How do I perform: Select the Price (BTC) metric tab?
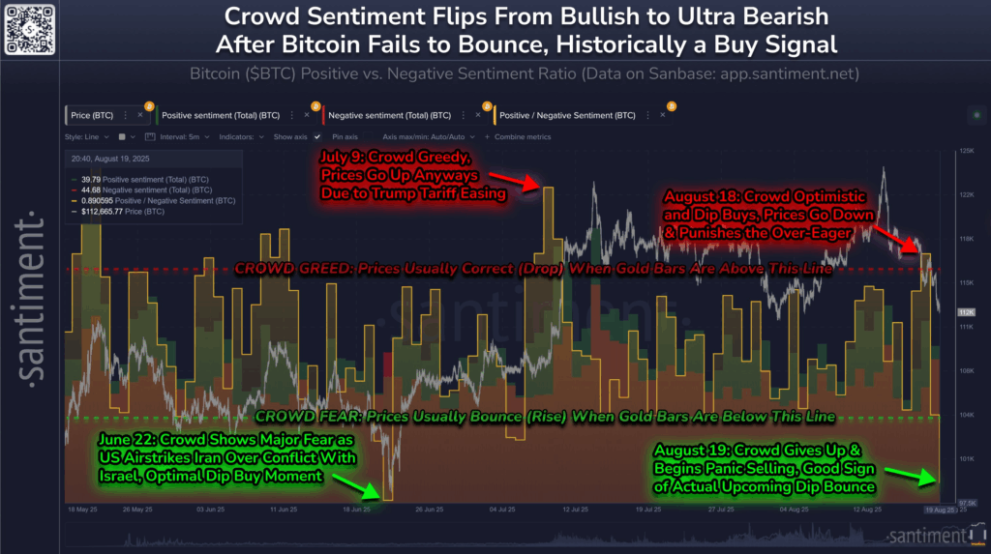[93, 115]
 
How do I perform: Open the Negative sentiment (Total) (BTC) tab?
[386, 115]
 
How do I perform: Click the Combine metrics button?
[522, 137]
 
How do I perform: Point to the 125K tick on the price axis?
[964, 152]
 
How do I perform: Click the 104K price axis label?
[964, 415]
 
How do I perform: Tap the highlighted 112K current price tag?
[965, 312]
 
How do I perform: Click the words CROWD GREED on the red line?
[276, 269]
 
